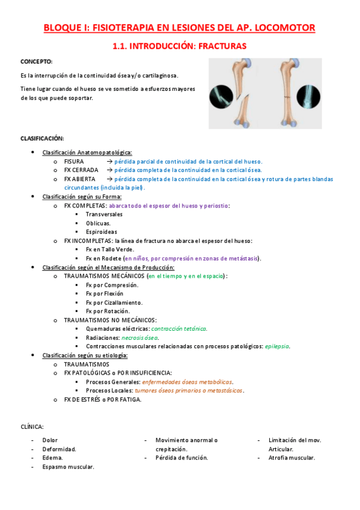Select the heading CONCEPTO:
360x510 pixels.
[x=36, y=61]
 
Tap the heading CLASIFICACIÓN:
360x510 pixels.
[x=42, y=138]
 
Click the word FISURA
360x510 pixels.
[x=74, y=162]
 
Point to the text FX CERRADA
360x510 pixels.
[x=81, y=170]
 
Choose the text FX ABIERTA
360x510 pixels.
[x=80, y=179]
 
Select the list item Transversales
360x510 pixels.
[x=104, y=214]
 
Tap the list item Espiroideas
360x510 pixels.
[x=102, y=232]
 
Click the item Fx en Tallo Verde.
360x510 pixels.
[x=110, y=249]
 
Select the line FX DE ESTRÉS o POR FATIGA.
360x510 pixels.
[x=103, y=399]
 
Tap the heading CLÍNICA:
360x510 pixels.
[x=32, y=426]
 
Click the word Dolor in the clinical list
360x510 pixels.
[x=50, y=440]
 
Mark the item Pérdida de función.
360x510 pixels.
[x=182, y=458]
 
